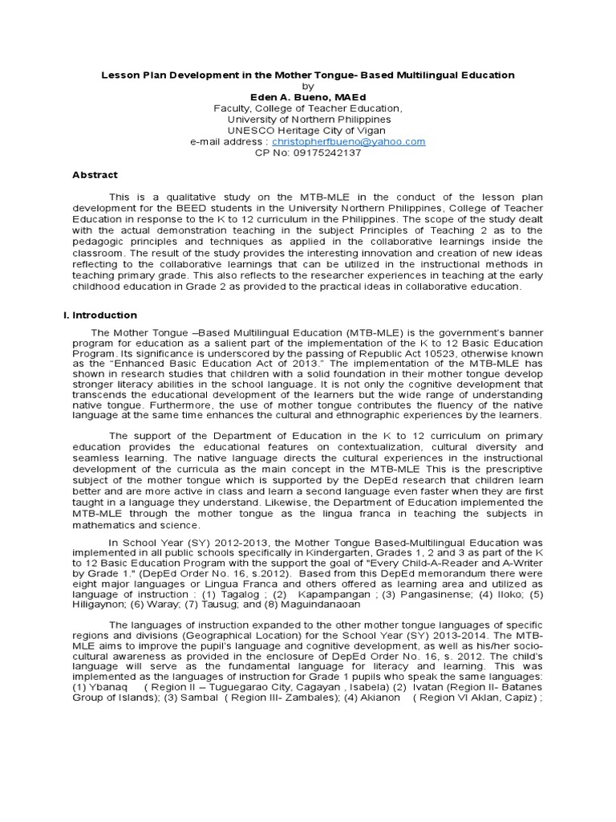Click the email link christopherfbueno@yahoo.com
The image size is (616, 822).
(348, 141)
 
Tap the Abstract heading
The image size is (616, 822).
(95, 174)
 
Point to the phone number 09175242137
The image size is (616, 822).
(328, 153)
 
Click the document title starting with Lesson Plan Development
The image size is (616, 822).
(307, 75)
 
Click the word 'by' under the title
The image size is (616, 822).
(307, 85)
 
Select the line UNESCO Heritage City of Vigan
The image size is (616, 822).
(307, 130)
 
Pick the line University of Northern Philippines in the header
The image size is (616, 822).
(307, 119)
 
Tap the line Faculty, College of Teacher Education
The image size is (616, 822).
(307, 108)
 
